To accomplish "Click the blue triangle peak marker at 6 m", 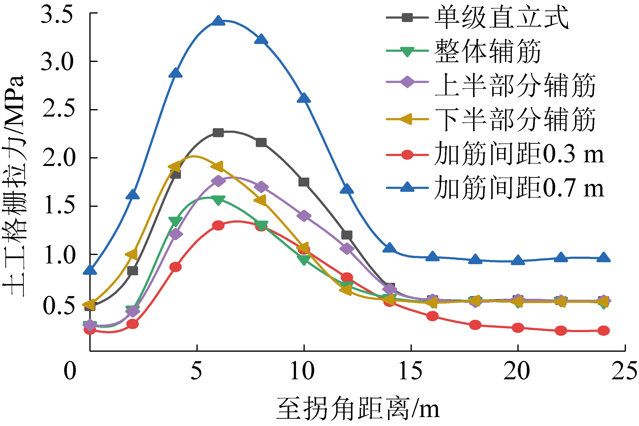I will (x=218, y=21).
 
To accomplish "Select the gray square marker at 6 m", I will (x=218, y=133).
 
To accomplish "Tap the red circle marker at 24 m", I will (x=603, y=331).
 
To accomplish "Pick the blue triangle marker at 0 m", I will (x=90, y=270).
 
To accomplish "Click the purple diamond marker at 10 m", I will (x=304, y=216).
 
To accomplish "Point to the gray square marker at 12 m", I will (x=347, y=235).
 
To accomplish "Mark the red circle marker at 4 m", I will (x=175, y=267).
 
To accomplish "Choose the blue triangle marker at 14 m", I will (x=389, y=248).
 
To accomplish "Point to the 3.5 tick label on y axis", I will (x=57, y=14).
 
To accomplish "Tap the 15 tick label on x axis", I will (x=411, y=371).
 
